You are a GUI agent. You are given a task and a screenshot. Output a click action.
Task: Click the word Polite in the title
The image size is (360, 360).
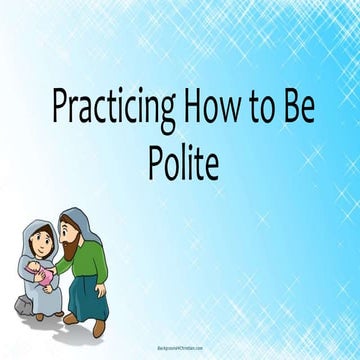coord(179,160)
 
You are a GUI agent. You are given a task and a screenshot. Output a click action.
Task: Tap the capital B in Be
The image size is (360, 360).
coord(291,106)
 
